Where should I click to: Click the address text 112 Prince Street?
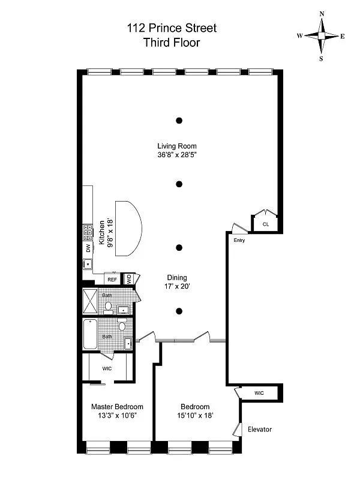pyautogui.click(x=171, y=28)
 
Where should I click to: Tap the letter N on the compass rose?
pyautogui.click(x=322, y=13)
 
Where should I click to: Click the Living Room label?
pyautogui.click(x=177, y=146)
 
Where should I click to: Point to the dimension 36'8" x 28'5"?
pyautogui.click(x=177, y=155)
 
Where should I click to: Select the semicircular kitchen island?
pyautogui.click(x=128, y=227)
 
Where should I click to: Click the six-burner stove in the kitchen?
pyautogui.click(x=88, y=231)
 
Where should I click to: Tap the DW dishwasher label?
pyautogui.click(x=88, y=247)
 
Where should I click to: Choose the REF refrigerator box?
pyautogui.click(x=112, y=279)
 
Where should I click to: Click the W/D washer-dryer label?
pyautogui.click(x=128, y=279)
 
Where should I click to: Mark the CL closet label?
pyautogui.click(x=265, y=224)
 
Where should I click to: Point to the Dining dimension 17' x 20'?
pyautogui.click(x=177, y=287)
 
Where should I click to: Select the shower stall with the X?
pyautogui.click(x=92, y=302)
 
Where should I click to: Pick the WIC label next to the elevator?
pyautogui.click(x=259, y=393)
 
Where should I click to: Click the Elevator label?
pyautogui.click(x=260, y=430)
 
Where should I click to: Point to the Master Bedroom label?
pyautogui.click(x=117, y=406)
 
